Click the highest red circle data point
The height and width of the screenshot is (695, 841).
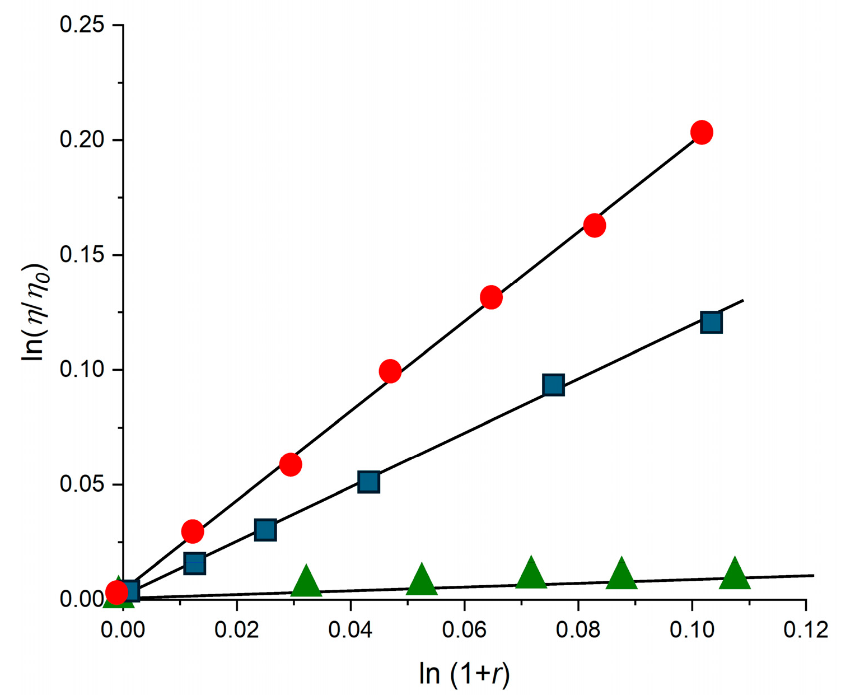(702, 133)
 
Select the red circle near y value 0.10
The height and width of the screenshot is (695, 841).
(390, 371)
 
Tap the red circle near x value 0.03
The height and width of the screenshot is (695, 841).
(291, 464)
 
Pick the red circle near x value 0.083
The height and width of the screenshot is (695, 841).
(595, 225)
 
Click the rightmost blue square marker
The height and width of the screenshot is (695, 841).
(711, 323)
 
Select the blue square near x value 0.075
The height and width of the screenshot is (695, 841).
(553, 385)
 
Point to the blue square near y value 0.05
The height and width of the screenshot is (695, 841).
(368, 482)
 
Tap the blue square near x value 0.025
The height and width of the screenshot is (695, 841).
(265, 530)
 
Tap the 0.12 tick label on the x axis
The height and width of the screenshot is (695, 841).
(805, 630)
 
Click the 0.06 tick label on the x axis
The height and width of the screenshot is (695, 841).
(464, 630)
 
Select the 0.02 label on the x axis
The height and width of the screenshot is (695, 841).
(237, 630)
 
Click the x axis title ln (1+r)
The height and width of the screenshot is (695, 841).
(464, 674)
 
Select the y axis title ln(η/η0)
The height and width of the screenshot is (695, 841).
(35, 312)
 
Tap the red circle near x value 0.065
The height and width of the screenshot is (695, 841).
(491, 297)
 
